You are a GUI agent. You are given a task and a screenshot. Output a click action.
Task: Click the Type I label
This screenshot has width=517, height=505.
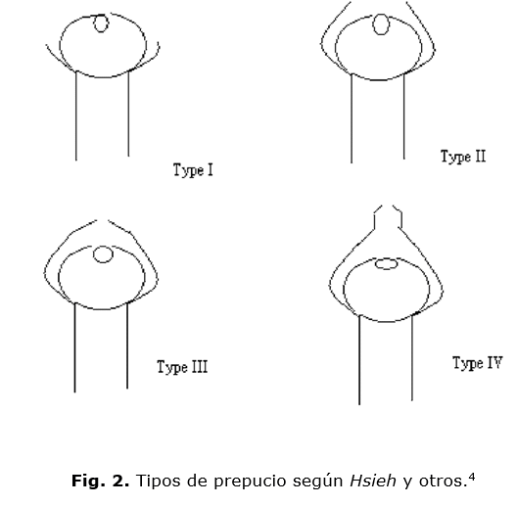coord(193,170)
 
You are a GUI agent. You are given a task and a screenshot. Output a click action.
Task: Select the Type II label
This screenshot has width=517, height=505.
coord(463,157)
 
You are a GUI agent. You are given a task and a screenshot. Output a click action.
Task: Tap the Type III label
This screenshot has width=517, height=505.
coord(182,367)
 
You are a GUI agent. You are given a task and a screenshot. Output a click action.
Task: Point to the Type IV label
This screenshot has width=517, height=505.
coord(478,363)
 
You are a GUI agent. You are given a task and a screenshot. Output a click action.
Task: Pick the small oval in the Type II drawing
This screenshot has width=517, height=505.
coord(381,15)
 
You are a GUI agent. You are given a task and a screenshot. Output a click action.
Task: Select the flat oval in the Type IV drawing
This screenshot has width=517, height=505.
coord(387,259)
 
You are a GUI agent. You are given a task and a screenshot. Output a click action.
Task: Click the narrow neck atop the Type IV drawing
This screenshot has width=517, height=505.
coord(375,217)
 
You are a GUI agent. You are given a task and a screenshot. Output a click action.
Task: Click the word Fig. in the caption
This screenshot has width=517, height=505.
coord(88,481)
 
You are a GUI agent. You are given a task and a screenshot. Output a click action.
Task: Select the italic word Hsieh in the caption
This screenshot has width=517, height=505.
coord(373,481)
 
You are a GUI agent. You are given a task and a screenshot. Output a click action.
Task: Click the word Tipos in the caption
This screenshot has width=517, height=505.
coord(159,482)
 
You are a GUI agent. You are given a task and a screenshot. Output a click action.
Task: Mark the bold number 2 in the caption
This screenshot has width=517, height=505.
coord(120,481)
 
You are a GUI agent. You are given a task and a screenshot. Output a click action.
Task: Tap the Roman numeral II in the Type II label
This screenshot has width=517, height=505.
coord(480,156)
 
